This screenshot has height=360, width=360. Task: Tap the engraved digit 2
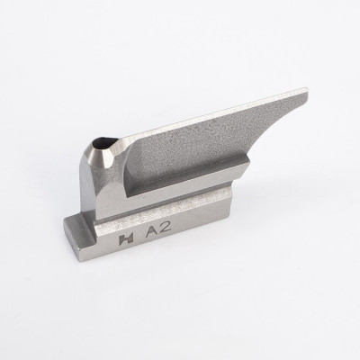[166, 229]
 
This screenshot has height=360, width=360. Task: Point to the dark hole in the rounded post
[105, 142]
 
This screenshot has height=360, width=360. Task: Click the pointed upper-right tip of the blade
[307, 90]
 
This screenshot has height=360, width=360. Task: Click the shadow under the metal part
[180, 270]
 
